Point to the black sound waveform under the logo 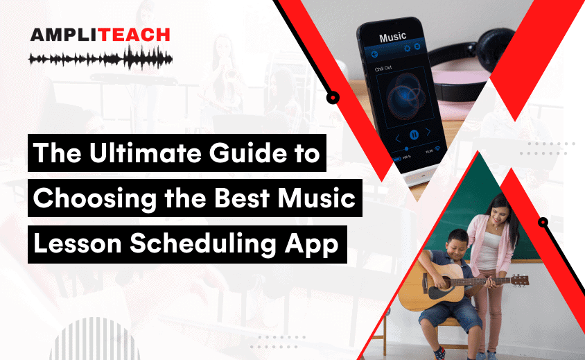click(x=100, y=58)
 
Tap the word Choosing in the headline click(x=88, y=200)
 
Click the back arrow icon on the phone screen click(x=375, y=53)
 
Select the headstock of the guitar click(x=518, y=280)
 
